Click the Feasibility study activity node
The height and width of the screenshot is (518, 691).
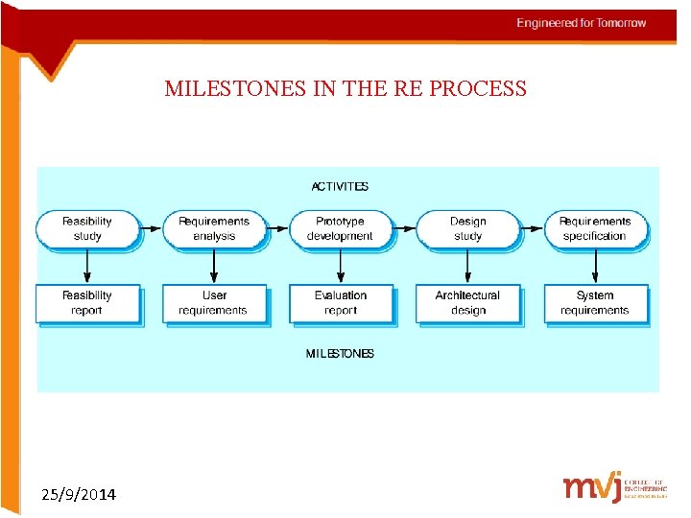87,229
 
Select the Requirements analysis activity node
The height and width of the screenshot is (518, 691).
213,229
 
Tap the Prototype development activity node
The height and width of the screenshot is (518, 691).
340,229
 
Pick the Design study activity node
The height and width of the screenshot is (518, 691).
467,229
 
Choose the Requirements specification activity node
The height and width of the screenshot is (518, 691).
595,229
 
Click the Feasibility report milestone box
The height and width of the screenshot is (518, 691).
87,303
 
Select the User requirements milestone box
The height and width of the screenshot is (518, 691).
213,303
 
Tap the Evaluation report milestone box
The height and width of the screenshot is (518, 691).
340,303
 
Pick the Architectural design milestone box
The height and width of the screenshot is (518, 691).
467,303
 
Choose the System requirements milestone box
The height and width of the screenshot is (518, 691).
595,303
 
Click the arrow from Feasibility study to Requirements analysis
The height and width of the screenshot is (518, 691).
151,229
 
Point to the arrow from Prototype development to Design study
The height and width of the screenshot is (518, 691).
405,229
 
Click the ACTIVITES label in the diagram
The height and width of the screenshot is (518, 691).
340,187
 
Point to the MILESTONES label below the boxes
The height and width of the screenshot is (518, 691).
340,354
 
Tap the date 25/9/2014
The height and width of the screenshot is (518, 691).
80,495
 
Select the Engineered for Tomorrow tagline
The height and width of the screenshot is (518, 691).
582,23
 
